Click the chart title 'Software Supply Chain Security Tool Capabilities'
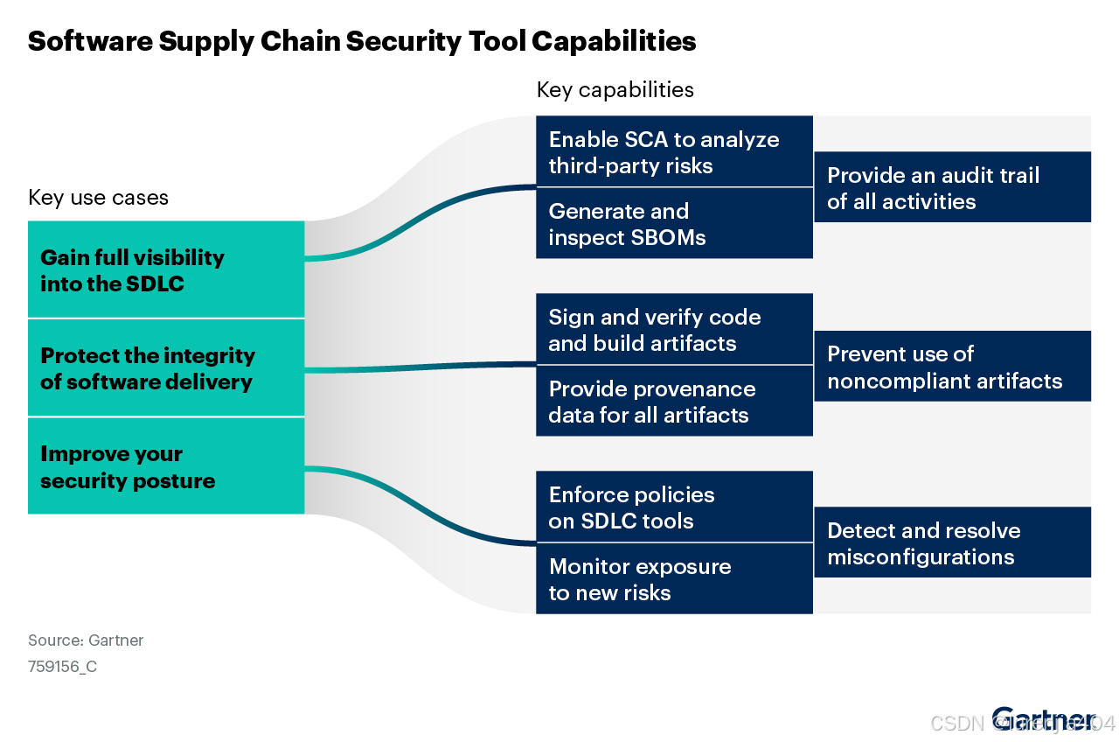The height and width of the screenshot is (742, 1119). [362, 41]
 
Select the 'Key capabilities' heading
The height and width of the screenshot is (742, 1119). [615, 90]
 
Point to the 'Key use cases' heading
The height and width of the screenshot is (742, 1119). [98, 198]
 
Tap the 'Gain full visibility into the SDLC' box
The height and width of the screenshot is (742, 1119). [166, 269]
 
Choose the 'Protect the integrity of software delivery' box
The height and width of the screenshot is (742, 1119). [166, 368]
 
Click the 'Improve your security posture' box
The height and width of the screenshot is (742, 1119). [166, 466]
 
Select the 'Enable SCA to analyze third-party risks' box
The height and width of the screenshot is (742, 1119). [674, 152]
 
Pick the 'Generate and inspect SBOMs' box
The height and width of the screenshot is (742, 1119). [674, 224]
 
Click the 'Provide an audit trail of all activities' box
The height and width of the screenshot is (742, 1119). [952, 188]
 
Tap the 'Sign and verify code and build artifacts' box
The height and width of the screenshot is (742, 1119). [674, 330]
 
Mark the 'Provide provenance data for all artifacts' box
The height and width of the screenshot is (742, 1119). [674, 402]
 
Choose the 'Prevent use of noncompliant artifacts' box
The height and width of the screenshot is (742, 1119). [952, 367]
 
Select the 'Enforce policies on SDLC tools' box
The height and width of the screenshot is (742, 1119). [674, 507]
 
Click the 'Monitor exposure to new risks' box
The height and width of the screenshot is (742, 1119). [674, 579]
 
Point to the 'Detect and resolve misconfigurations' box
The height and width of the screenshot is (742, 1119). [952, 543]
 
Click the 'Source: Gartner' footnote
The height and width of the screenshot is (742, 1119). [86, 640]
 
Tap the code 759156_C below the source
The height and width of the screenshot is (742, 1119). [62, 667]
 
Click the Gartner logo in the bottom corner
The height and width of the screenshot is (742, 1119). [1044, 719]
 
